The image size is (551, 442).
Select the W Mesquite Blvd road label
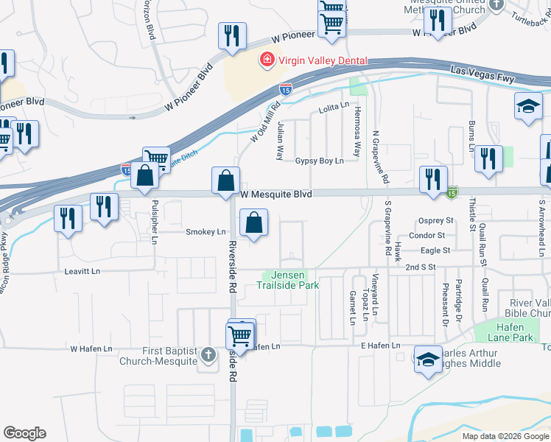[x=276, y=194]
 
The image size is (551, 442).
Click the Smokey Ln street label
[x=206, y=232]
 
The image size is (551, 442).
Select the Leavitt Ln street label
[x=82, y=271]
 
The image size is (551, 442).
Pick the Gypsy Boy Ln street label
[x=320, y=161]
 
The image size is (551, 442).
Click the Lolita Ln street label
[x=334, y=108]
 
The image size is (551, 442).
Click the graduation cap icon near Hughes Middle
[x=428, y=359]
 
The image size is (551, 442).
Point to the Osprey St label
[x=435, y=220]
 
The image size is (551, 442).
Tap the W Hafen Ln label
[x=91, y=348]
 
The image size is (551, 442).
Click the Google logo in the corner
[x=24, y=433]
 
